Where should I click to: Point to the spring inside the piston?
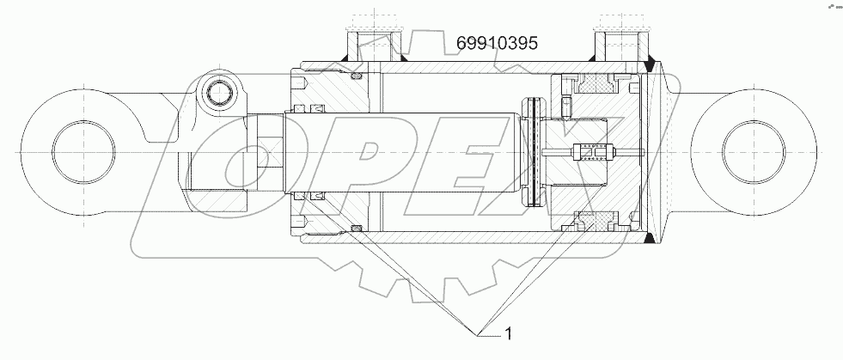click(x=594, y=153)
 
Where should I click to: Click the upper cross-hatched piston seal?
click(x=595, y=82)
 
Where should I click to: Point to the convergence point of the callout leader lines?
click(x=475, y=331)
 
